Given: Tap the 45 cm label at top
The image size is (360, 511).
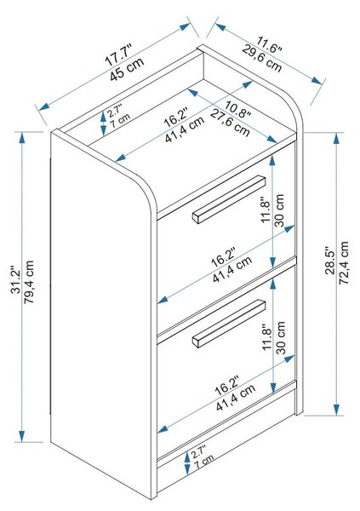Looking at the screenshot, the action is point(127,69).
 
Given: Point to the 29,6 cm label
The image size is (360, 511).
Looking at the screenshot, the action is point(261,58).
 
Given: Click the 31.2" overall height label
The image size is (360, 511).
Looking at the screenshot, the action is point(15,282).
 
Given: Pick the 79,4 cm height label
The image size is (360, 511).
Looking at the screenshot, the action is point(29,282).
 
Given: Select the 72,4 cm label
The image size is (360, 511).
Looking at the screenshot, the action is point(344,262).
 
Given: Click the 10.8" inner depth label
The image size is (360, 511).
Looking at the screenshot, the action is point(237,109).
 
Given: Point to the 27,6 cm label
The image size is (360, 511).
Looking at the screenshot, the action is point(230,123).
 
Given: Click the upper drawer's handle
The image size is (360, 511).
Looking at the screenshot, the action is point(229,199).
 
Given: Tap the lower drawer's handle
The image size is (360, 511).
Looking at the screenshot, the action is point(229,324).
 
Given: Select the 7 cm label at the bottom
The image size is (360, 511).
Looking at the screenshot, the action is point(204,462).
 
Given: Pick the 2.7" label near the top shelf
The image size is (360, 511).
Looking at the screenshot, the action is point(115,111).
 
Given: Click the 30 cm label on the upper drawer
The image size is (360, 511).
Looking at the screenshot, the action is point(279,210).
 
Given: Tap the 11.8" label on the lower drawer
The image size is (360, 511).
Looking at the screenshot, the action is point(267,337).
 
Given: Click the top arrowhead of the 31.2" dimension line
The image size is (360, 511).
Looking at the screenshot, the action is point(22,138).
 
